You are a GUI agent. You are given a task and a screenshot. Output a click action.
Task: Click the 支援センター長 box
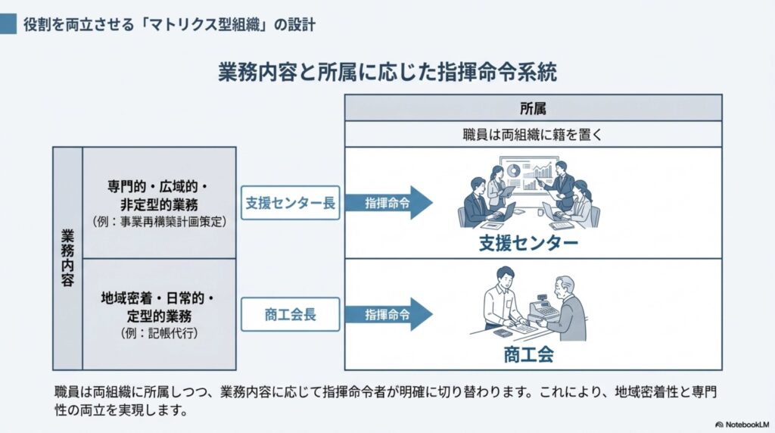point(290,203)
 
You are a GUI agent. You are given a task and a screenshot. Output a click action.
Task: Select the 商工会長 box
point(290,314)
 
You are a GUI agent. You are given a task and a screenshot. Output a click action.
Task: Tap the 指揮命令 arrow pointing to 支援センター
point(388,203)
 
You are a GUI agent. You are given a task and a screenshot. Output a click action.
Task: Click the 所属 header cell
point(533,107)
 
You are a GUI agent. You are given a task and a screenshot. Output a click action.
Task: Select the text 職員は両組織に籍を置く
point(533,135)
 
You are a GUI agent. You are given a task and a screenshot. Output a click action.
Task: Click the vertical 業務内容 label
point(67,258)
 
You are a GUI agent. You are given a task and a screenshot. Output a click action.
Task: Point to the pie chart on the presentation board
point(512,170)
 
